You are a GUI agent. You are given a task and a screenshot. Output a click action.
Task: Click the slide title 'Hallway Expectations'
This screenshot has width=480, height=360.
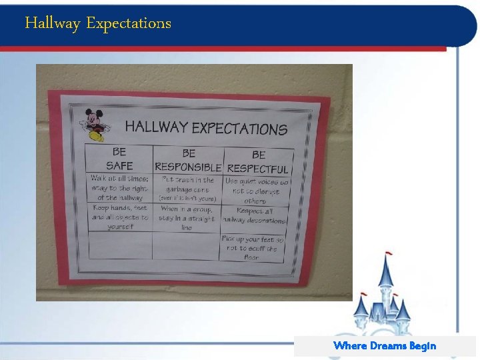tap(98, 23)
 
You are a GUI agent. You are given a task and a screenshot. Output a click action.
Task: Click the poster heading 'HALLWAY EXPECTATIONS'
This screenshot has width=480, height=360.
tap(206, 127)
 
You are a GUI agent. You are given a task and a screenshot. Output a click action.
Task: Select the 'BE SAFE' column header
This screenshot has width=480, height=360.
tap(119, 159)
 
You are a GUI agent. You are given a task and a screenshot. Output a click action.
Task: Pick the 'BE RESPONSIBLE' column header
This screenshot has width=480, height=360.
tap(188, 160)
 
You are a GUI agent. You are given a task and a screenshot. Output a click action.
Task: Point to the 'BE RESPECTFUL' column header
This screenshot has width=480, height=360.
tap(258, 162)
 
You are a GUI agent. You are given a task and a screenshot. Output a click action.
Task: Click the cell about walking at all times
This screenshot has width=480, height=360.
tap(120, 187)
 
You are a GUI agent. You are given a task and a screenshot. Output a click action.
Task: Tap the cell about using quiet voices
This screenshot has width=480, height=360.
tap(256, 191)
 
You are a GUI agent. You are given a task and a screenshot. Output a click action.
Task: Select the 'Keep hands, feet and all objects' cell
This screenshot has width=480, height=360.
tap(120, 217)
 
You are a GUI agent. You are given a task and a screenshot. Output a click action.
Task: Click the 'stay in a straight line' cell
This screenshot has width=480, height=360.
tap(187, 218)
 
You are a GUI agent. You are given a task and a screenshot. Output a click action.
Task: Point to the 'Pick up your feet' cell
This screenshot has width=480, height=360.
tap(253, 247)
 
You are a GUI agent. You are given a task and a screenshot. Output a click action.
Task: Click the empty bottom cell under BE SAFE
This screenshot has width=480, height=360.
tap(120, 245)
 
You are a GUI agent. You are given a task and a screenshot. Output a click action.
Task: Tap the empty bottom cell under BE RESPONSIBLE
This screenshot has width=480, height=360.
tap(185, 246)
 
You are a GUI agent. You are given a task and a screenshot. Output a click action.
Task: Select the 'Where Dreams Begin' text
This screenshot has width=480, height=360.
tap(385, 345)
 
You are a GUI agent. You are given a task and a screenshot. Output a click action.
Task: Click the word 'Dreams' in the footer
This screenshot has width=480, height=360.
tap(387, 345)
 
